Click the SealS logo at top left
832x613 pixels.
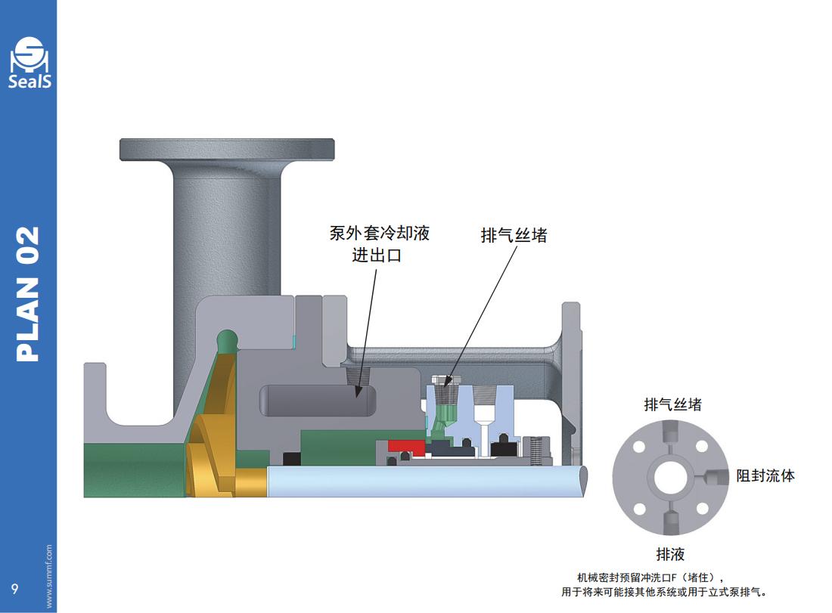30,63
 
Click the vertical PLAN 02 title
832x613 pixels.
28,294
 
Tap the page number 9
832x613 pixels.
15,589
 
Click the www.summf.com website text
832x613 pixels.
49,576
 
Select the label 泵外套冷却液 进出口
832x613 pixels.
379,244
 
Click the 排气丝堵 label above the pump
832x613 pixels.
514,235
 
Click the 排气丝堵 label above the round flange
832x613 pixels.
673,404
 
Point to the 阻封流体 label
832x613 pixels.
765,475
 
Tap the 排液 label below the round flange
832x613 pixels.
671,554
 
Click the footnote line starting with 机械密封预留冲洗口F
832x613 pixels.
650,577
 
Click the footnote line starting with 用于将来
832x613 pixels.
664,592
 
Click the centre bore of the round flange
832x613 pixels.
670,477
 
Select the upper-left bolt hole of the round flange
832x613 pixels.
639,447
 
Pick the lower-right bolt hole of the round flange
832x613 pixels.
702,509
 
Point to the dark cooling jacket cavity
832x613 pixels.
318,401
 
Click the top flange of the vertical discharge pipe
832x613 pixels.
227,150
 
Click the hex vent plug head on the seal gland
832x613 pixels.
445,379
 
